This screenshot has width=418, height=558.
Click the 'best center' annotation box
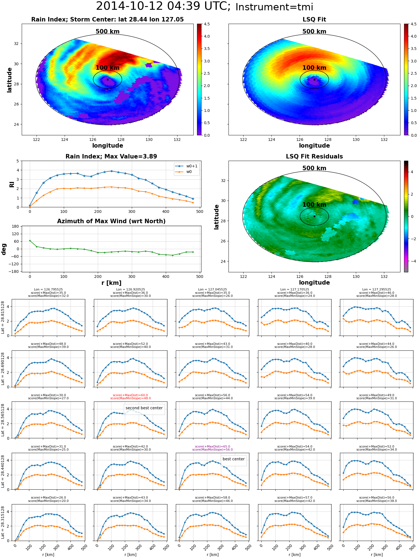234,459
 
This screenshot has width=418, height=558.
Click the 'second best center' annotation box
144,408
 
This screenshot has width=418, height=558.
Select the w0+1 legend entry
186,166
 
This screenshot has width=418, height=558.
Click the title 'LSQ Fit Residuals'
314,157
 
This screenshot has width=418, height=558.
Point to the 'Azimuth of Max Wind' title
111,221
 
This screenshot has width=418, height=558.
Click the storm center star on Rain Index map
108,80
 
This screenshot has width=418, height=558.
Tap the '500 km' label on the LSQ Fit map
314,32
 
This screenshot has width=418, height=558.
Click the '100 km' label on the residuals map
314,205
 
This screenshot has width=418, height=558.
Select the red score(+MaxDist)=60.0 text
130,395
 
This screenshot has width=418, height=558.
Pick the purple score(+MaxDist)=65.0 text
213,446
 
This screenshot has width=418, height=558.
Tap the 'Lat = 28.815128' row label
3,318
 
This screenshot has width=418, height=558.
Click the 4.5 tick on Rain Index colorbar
207,24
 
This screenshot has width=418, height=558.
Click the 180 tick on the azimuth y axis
15,226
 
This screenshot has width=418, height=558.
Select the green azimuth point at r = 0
30,240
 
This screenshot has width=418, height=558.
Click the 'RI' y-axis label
12,184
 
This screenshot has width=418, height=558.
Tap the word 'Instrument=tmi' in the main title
274,7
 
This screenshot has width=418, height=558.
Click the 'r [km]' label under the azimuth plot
111,283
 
